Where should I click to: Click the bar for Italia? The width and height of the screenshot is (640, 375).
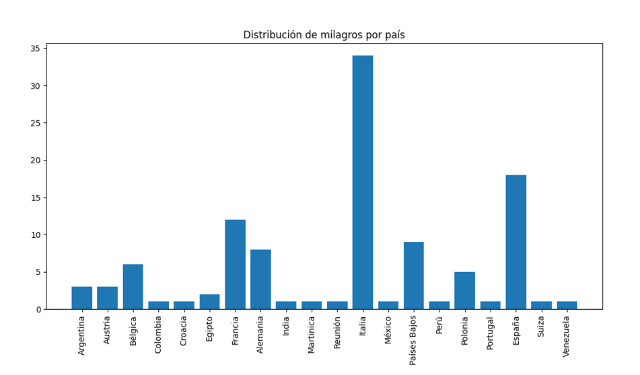[x=363, y=182]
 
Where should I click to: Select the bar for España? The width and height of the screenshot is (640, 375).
[x=516, y=242]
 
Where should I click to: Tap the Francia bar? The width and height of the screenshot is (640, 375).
[x=235, y=264]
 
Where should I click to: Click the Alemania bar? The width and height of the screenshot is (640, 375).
[x=260, y=280]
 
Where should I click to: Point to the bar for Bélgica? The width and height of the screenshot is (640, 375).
[x=133, y=287]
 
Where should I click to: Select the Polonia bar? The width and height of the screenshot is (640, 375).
[x=465, y=290]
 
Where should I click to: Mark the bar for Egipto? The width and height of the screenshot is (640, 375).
[x=209, y=302]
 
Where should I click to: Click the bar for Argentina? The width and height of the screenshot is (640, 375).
[x=81, y=298]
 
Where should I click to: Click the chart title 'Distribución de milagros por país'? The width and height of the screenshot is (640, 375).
[x=324, y=35]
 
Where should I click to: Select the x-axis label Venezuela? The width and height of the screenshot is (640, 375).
[x=567, y=335]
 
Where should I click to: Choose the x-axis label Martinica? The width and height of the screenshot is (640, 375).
[x=312, y=334]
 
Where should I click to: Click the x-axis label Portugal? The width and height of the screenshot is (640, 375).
[x=491, y=333]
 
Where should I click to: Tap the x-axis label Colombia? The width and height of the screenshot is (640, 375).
[x=158, y=335]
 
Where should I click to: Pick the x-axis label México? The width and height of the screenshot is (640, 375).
[x=388, y=331]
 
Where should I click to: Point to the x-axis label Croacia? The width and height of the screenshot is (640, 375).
[x=184, y=332]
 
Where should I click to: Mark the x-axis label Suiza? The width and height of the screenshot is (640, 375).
[x=542, y=327]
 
